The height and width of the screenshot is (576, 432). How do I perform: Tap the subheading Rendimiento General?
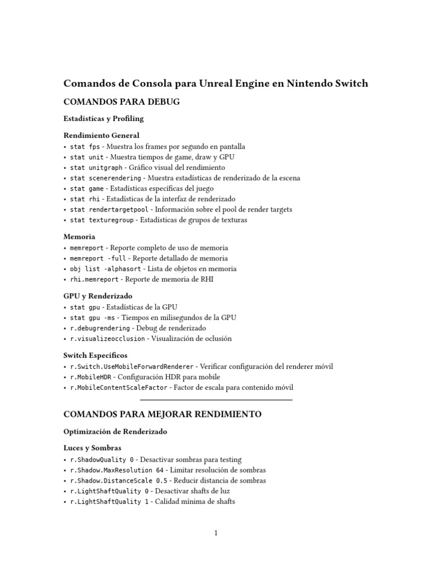click(x=101, y=136)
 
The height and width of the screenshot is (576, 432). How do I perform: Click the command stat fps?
click(x=84, y=146)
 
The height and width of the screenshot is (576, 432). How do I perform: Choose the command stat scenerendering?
click(x=106, y=178)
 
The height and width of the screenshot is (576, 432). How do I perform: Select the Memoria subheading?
click(x=79, y=237)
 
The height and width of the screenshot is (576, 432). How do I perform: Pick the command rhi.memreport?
click(x=94, y=280)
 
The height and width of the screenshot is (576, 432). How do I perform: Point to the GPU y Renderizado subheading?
click(x=98, y=296)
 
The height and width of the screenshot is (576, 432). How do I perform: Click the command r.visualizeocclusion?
click(x=108, y=339)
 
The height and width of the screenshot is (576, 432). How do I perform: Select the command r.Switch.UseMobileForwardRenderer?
click(x=132, y=366)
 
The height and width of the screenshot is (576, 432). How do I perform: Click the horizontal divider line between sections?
click(x=216, y=400)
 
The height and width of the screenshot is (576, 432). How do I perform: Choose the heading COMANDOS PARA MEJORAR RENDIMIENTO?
click(x=163, y=415)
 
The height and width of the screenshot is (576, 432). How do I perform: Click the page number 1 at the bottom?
click(x=216, y=534)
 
